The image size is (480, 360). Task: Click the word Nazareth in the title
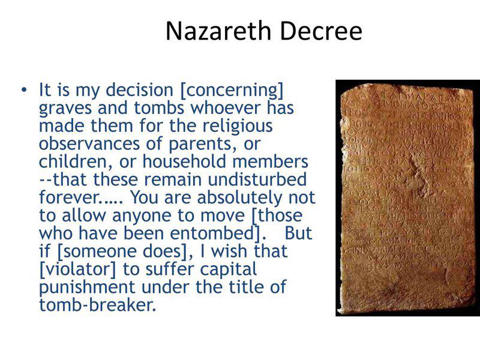click(x=214, y=31)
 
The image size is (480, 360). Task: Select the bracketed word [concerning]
click(x=232, y=91)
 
